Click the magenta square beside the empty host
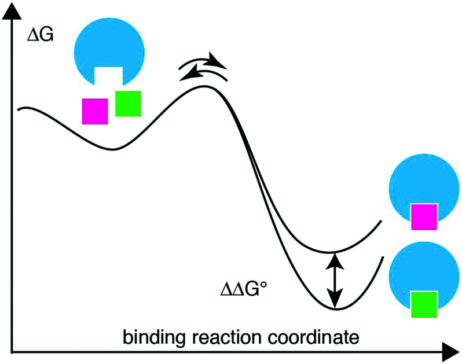(x=94, y=111)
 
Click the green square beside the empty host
(x=128, y=104)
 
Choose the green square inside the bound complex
(x=423, y=304)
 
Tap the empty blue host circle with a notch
(x=110, y=46)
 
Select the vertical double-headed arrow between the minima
(x=333, y=281)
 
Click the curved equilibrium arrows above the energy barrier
(x=203, y=67)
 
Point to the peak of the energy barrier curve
(x=203, y=87)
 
